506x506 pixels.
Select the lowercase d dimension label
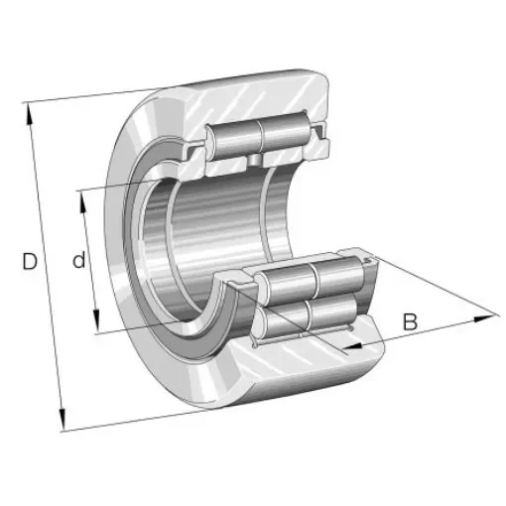point(77,261)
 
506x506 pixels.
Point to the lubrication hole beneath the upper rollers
point(256,160)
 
